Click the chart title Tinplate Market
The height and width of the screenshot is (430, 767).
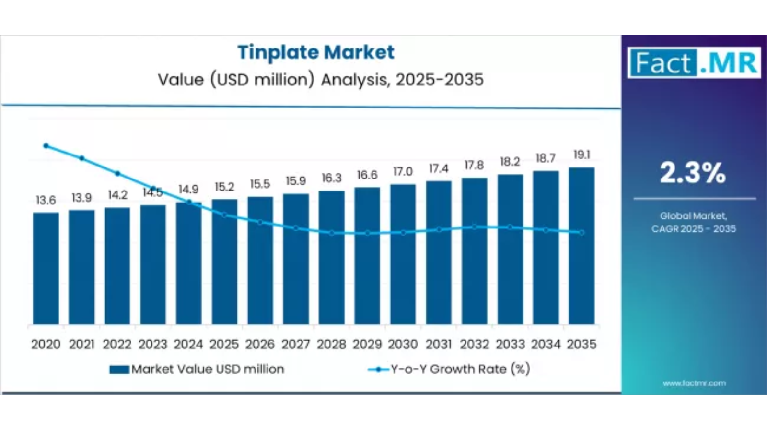316,52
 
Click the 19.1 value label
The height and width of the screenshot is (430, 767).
581,155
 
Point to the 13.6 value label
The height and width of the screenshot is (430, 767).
46,200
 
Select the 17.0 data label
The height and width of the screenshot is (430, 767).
403,172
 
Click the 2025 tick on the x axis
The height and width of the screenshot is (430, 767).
224,344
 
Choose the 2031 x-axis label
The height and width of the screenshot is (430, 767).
439,344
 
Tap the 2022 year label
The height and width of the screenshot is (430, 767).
117,344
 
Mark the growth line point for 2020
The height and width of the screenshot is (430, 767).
46,146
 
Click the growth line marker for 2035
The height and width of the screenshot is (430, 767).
581,233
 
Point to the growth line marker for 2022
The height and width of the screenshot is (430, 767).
117,174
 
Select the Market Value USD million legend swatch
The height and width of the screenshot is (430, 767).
119,370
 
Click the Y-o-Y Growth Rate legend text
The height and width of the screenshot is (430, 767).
460,369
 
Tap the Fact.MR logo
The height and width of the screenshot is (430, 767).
694,63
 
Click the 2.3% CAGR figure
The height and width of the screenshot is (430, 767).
693,173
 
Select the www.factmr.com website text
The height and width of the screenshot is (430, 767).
694,383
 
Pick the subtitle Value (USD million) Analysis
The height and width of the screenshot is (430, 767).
321,80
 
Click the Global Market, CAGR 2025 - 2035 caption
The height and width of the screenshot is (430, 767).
693,222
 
